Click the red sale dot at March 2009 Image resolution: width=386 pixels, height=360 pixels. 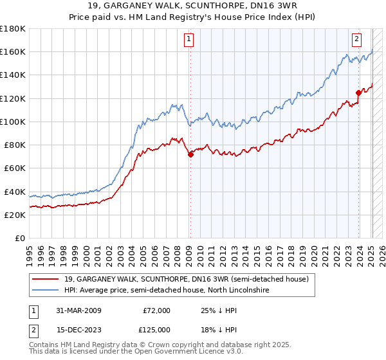pyautogui.click(x=190, y=154)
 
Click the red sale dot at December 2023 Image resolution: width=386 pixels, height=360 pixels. pyautogui.click(x=358, y=93)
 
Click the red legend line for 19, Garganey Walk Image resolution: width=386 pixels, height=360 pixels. pyautogui.click(x=46, y=279)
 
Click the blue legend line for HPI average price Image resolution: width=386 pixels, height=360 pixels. pyautogui.click(x=46, y=291)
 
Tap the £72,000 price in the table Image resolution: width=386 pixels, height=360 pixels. pyautogui.click(x=157, y=310)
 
